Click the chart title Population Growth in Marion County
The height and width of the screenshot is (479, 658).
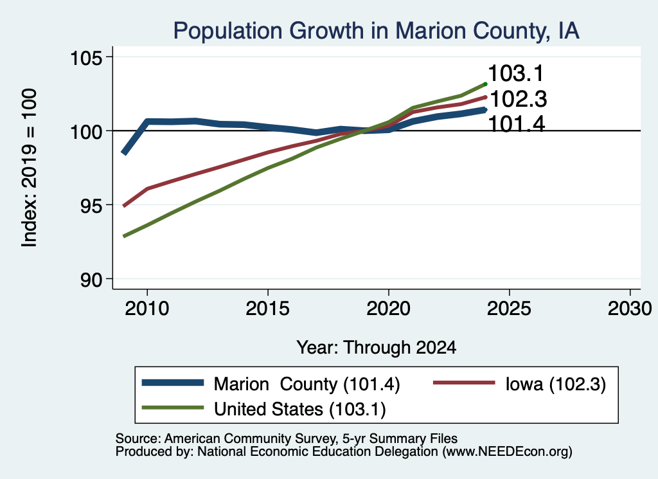[377, 31]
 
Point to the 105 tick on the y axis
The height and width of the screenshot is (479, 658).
[87, 57]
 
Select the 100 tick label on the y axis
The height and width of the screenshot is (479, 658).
[87, 131]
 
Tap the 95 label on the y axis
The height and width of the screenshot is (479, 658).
[91, 205]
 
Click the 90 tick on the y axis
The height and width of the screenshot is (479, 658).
[91, 279]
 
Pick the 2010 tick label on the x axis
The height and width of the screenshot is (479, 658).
[147, 309]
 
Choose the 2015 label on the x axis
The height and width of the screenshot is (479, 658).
[268, 309]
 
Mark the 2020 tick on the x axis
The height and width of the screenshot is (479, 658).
[389, 309]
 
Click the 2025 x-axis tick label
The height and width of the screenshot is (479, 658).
[509, 309]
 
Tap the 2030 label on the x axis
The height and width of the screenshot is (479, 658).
[630, 309]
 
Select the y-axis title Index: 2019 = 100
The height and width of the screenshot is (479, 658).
[30, 168]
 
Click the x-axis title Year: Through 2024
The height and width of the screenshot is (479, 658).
[377, 348]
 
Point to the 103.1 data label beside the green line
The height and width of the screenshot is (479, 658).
[516, 73]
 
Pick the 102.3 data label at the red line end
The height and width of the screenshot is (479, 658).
[519, 100]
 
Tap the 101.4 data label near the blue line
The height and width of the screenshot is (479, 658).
[517, 124]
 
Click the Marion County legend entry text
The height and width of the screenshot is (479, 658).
[307, 384]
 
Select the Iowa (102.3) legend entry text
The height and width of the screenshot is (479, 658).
[556, 384]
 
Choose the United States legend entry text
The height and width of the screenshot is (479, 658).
[300, 409]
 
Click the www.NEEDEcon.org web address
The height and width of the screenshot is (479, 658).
[506, 452]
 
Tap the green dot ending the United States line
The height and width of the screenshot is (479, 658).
[485, 84]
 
